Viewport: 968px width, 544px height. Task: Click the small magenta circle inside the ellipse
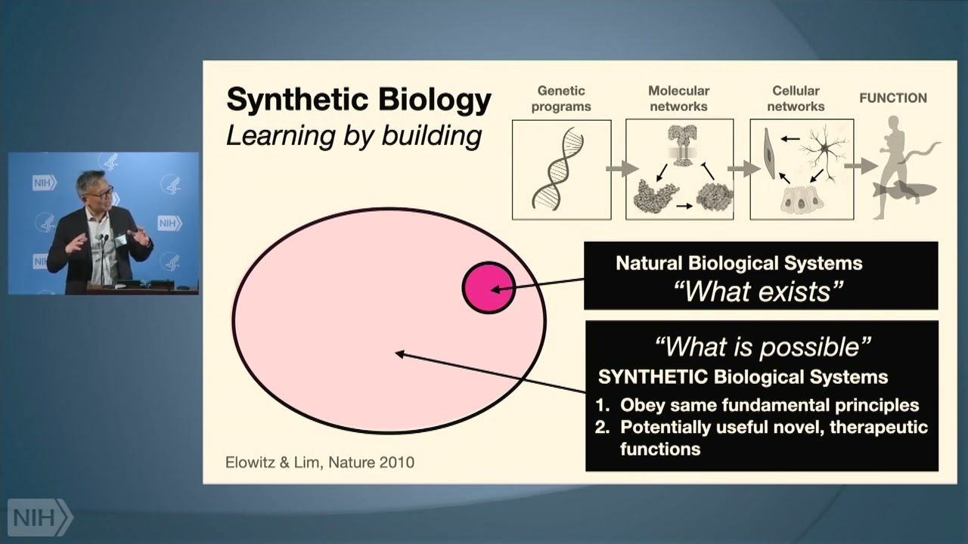(x=489, y=287)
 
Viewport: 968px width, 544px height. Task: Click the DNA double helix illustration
(x=560, y=168)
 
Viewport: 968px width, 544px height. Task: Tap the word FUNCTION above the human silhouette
(x=892, y=97)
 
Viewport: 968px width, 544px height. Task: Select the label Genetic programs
(x=560, y=99)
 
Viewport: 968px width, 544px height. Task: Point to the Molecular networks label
(x=678, y=99)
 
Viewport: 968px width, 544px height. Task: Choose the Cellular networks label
(x=796, y=99)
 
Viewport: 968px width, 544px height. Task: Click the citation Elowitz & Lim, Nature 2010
(x=320, y=462)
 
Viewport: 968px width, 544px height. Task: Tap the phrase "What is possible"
(x=762, y=347)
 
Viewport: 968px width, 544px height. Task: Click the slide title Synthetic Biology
(x=358, y=100)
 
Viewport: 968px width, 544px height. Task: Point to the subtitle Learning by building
(x=354, y=136)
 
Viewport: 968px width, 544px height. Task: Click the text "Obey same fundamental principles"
(x=769, y=405)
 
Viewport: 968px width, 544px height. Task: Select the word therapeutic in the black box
(x=878, y=427)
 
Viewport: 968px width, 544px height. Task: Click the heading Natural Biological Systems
(x=739, y=264)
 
